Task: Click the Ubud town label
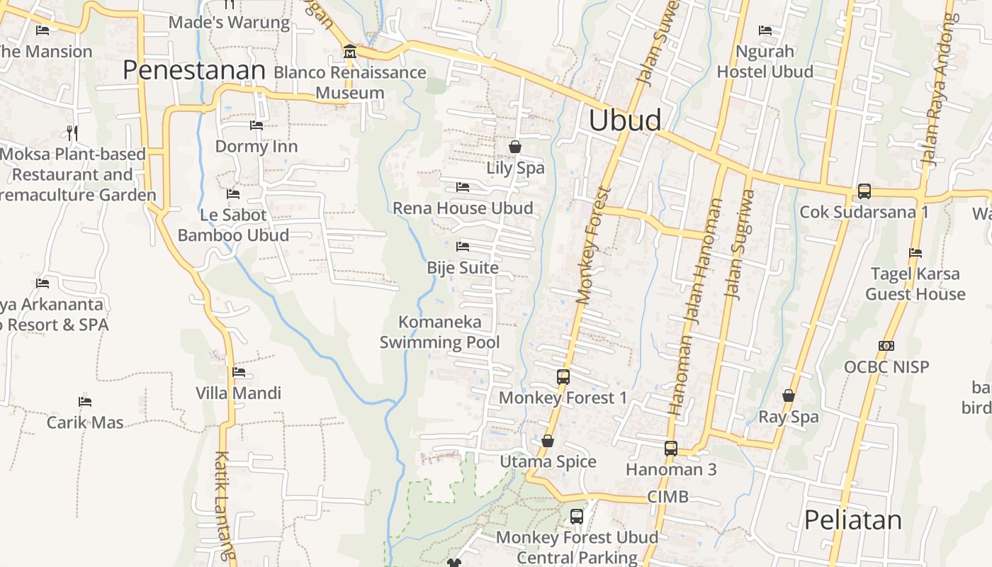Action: tap(625, 120)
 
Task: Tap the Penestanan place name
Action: tap(193, 70)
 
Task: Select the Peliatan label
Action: tap(852, 520)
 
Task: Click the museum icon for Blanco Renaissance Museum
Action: tap(349, 52)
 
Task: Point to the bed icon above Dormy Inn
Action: tap(256, 125)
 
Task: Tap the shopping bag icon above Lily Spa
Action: tap(515, 147)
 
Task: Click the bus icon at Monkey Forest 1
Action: tap(563, 376)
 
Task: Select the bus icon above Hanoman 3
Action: tap(671, 448)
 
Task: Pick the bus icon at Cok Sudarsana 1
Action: tap(864, 191)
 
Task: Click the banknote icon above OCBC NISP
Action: tap(886, 346)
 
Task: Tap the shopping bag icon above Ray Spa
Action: tap(789, 395)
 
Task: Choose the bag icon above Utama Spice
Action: tap(548, 441)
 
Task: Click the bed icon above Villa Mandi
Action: tap(239, 371)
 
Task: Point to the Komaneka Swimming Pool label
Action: tap(439, 332)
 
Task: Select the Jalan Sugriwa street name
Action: tap(738, 245)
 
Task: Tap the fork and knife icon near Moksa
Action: tap(72, 133)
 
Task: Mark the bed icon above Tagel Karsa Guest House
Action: tap(915, 252)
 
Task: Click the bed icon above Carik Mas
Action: tap(85, 401)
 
